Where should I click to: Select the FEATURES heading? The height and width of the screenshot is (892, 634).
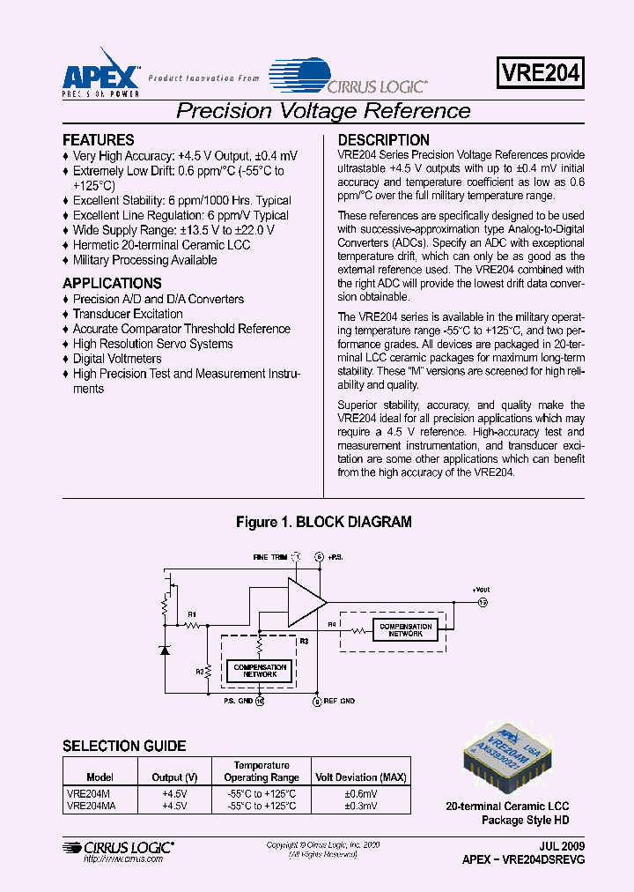tap(99, 140)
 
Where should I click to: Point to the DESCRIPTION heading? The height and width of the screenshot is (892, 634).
tap(384, 140)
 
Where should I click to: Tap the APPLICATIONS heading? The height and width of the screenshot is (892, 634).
tap(112, 284)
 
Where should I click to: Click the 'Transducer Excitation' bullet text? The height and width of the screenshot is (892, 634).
tap(128, 314)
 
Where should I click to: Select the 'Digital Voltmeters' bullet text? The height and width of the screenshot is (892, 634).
tap(117, 359)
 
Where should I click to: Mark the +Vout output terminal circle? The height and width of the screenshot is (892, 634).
tap(482, 603)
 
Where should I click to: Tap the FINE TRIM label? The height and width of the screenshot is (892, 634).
tap(269, 557)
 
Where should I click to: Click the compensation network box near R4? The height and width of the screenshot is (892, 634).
tap(405, 630)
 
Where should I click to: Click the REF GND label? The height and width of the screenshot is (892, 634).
tap(339, 702)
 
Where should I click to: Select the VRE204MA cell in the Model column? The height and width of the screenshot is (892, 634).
tap(91, 806)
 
